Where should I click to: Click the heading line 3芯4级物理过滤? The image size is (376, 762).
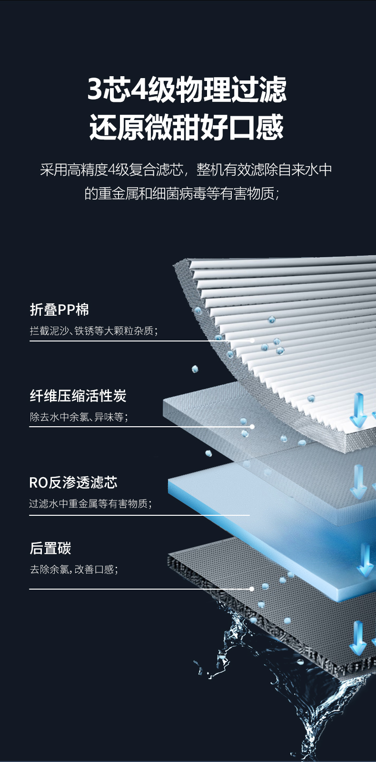pyautogui.click(x=187, y=89)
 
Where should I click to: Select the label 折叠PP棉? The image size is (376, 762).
pyautogui.click(x=59, y=310)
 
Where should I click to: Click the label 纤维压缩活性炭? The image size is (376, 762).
pyautogui.click(x=78, y=396)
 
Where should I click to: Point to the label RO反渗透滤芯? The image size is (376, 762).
pyautogui.click(x=73, y=482)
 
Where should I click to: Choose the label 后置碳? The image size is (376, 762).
pyautogui.click(x=50, y=548)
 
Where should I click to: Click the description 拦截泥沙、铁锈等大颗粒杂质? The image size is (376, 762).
pyautogui.click(x=94, y=331)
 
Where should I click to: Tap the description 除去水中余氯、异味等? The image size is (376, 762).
pyautogui.click(x=79, y=417)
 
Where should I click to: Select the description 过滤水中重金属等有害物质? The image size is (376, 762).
pyautogui.click(x=90, y=503)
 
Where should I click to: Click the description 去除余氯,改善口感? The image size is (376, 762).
pyautogui.click(x=74, y=569)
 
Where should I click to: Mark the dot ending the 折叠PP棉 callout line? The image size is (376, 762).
pyautogui.click(x=252, y=341)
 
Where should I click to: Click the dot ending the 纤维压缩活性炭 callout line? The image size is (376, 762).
pyautogui.click(x=252, y=427)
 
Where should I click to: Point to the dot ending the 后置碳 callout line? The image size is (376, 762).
pyautogui.click(x=252, y=589)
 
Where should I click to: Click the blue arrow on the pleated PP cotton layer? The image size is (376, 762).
pyautogui.click(x=358, y=410)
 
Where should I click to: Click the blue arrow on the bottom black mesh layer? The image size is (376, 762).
pyautogui.click(x=358, y=638)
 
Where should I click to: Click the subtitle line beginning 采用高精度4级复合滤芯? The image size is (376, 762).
pyautogui.click(x=186, y=170)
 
